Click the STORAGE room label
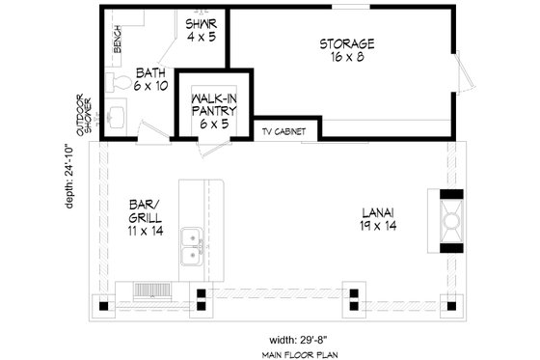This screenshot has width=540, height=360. pos(346,43)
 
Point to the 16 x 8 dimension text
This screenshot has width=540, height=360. pos(346,57)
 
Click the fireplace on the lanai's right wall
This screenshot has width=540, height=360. pos(450,221)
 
